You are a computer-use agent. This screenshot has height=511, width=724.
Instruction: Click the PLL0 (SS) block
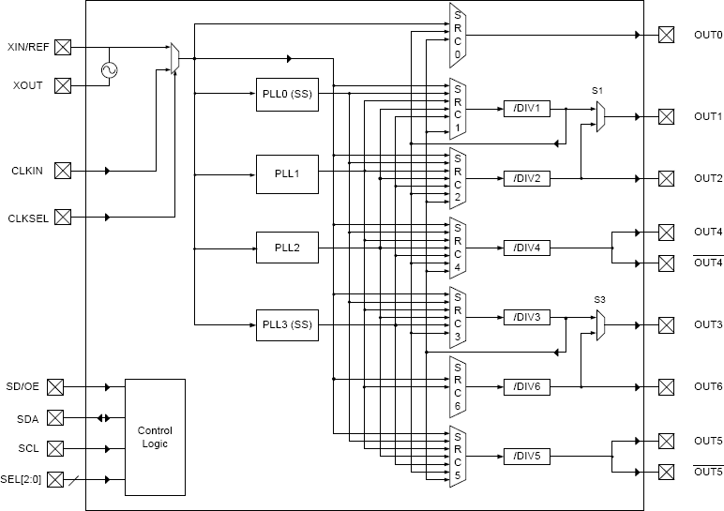pyautogui.click(x=287, y=95)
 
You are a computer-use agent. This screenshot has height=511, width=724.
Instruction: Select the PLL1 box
pyautogui.click(x=287, y=173)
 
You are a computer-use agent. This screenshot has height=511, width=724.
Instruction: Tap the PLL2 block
pyautogui.click(x=287, y=248)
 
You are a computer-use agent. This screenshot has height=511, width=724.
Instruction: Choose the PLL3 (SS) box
pyautogui.click(x=287, y=324)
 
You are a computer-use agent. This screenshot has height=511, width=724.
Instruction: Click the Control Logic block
pyautogui.click(x=155, y=437)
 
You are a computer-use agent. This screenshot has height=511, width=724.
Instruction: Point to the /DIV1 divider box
pyautogui.click(x=527, y=109)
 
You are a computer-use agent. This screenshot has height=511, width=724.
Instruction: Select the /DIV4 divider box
pyautogui.click(x=527, y=248)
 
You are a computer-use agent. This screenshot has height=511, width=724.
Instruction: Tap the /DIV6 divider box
pyautogui.click(x=527, y=386)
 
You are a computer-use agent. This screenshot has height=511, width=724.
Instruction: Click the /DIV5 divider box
pyautogui.click(x=527, y=457)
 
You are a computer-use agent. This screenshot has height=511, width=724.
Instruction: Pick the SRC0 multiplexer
pyautogui.click(x=458, y=35)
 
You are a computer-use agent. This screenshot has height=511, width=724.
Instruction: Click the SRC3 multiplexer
pyautogui.click(x=458, y=317)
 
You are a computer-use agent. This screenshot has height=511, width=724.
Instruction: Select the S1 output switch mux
pyautogui.click(x=600, y=116)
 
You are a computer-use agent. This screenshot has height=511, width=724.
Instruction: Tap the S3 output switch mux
pyautogui.click(x=600, y=325)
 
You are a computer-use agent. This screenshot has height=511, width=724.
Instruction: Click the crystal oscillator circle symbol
pyautogui.click(x=109, y=70)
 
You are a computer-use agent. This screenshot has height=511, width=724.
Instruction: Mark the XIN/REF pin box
pyautogui.click(x=63, y=47)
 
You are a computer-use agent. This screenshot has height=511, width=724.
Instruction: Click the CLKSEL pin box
pyautogui.click(x=63, y=218)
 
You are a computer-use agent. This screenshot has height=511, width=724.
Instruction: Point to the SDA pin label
pyautogui.click(x=27, y=418)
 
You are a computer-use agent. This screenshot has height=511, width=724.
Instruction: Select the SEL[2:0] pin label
pyautogui.click(x=25, y=480)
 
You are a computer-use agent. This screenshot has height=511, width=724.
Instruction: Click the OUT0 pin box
pyautogui.click(x=666, y=36)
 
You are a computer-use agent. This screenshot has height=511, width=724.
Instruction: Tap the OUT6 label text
pyautogui.click(x=707, y=386)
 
